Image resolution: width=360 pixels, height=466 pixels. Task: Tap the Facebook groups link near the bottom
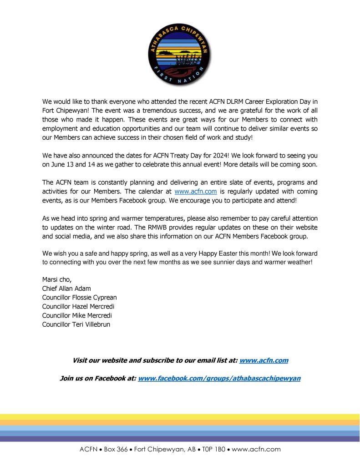point(219,378)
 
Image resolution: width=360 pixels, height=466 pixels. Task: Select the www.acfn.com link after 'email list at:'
point(264,360)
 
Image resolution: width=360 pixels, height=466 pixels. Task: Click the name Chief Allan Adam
point(67,289)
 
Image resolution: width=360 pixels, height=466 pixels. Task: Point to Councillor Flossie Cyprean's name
point(79,298)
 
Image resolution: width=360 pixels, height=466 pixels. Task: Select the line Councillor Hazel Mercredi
point(78,306)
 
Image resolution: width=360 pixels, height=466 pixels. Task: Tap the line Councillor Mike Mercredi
point(77,315)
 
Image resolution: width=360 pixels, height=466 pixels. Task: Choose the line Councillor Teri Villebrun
point(76,324)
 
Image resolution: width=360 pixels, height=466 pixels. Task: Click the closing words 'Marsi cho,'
point(56,279)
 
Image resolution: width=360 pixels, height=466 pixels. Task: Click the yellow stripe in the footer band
point(180,417)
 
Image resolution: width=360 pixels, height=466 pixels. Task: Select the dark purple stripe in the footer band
point(180,439)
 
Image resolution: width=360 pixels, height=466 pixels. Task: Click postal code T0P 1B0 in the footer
point(213,450)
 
